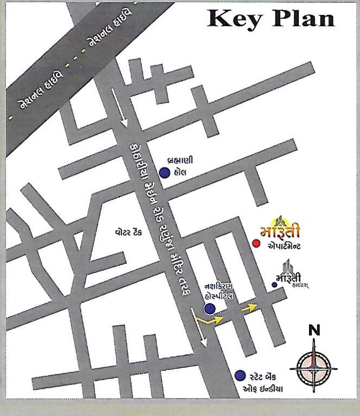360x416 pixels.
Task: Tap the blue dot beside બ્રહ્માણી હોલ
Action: click(x=164, y=173)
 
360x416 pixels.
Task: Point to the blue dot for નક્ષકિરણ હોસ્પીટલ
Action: click(x=209, y=309)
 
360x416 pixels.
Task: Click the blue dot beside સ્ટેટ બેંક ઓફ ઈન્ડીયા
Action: click(x=239, y=375)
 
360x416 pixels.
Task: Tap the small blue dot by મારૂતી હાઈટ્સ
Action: click(x=274, y=284)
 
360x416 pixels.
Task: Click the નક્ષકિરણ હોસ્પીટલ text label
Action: click(x=219, y=290)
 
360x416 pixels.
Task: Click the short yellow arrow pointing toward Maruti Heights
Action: click(x=249, y=308)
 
